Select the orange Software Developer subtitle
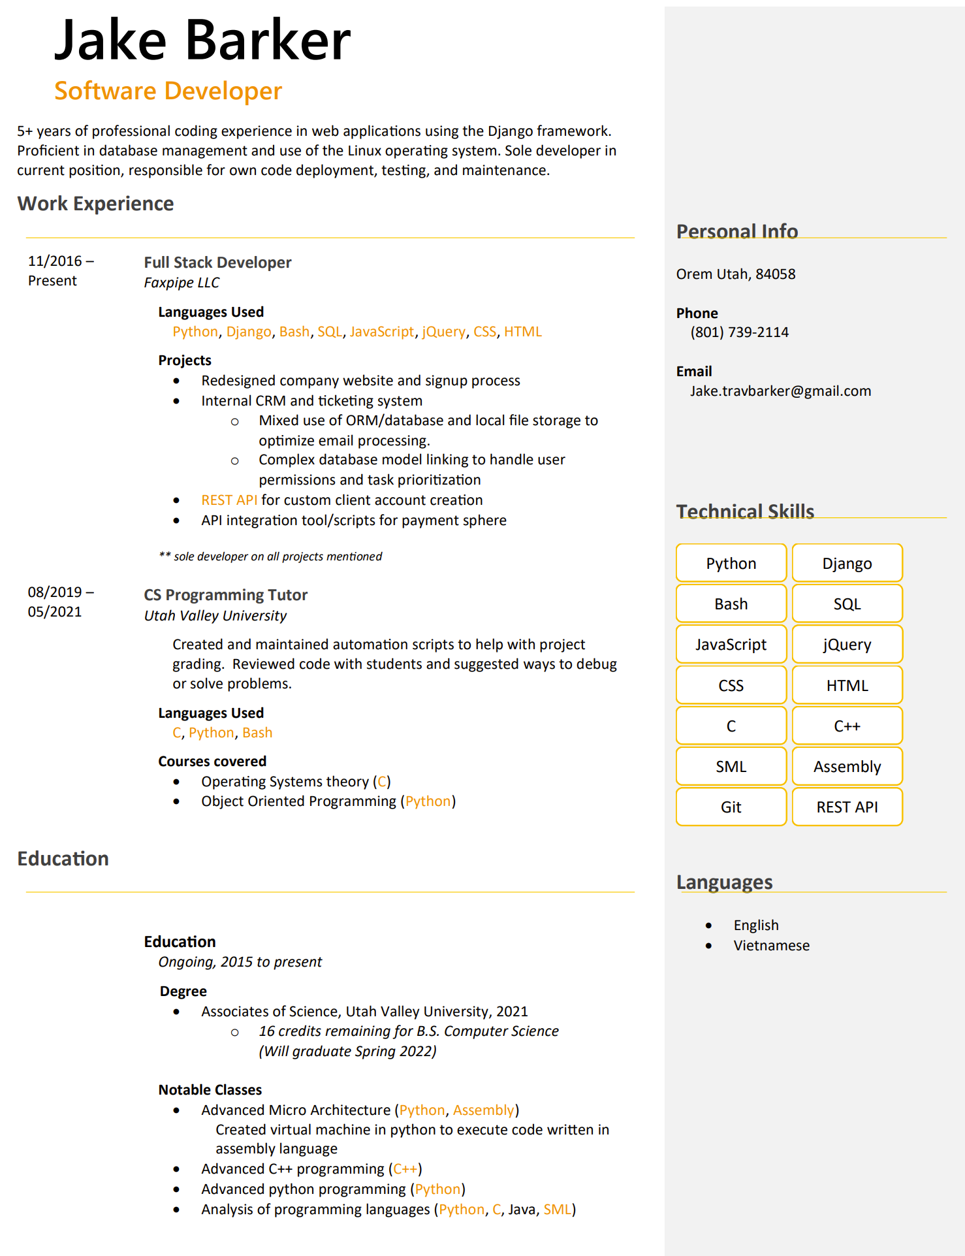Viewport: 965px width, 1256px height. click(168, 91)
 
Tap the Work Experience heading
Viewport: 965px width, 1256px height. click(95, 204)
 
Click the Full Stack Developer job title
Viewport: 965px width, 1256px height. click(217, 263)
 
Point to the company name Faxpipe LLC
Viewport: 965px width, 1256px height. click(182, 283)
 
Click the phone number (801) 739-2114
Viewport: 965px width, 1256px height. click(739, 332)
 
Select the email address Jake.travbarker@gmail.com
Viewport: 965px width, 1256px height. click(780, 391)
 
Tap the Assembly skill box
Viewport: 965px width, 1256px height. click(847, 767)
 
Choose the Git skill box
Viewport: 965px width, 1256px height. click(731, 807)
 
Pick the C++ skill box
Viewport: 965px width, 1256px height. click(847, 726)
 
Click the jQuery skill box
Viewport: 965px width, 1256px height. click(847, 645)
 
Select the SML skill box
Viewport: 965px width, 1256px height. click(731, 767)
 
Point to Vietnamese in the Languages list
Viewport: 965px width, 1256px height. click(771, 946)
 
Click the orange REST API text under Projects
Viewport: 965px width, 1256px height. click(229, 500)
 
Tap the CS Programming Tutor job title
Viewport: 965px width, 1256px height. click(225, 595)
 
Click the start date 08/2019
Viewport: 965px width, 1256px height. click(55, 592)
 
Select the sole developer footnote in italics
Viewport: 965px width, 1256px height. click(270, 556)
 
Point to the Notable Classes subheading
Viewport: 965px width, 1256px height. click(210, 1090)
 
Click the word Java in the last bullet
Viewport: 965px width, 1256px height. click(522, 1210)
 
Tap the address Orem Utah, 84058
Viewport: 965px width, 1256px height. click(735, 274)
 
